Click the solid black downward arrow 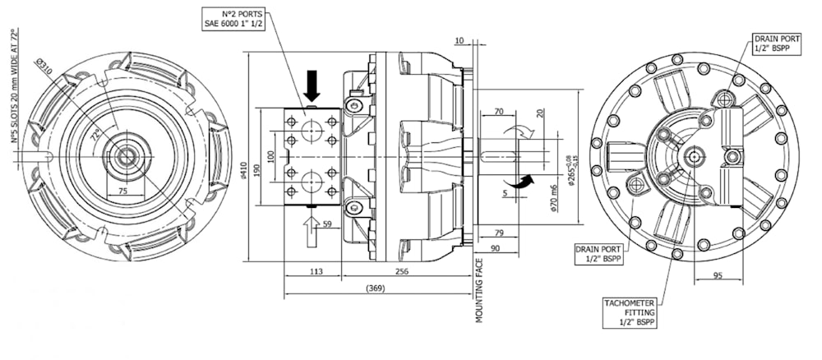click(x=312, y=85)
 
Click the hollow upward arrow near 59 click(x=312, y=231)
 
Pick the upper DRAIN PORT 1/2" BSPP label click(x=770, y=44)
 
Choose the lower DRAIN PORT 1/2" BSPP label click(x=598, y=254)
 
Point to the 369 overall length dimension click(x=375, y=288)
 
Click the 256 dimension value click(x=402, y=271)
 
